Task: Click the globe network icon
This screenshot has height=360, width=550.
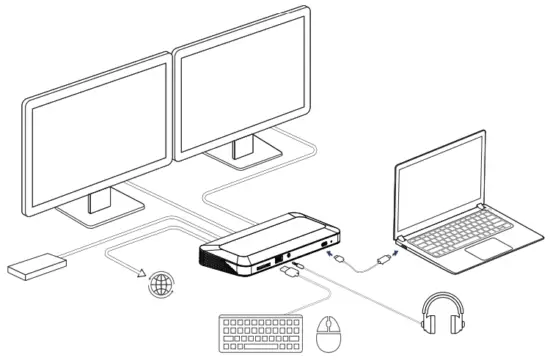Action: (159, 284)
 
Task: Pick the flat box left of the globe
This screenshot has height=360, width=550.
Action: (37, 264)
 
